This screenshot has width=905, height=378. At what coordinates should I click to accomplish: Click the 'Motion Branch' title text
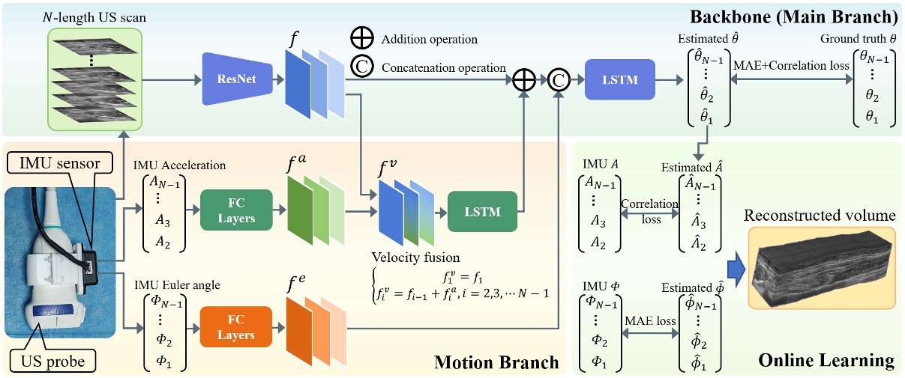click(497, 362)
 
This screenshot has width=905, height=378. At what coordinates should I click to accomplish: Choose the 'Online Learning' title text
click(826, 361)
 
